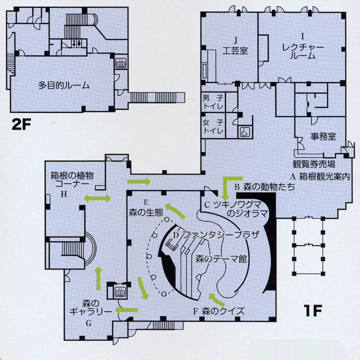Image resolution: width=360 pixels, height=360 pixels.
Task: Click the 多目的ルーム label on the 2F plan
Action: click(64, 86)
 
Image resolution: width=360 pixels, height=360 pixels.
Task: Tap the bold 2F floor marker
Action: click(21, 125)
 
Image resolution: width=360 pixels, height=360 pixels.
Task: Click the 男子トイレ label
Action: click(213, 102)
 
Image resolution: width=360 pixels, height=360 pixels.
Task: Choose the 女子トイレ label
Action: click(213, 127)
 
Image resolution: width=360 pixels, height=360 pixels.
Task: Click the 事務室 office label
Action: click(323, 136)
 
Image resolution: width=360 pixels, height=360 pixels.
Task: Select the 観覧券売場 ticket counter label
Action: click(314, 164)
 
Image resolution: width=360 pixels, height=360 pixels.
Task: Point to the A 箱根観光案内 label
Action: click(320, 177)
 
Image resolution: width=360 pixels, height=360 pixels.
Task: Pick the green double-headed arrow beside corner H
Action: click(97, 198)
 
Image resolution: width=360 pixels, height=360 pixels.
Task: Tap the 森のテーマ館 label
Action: click(221, 259)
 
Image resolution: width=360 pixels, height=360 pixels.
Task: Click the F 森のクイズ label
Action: click(219, 311)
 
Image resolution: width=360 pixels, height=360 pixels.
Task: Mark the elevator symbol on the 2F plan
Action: click(121, 63)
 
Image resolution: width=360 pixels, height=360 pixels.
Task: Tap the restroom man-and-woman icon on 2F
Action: click(76, 43)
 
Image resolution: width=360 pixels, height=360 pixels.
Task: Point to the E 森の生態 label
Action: click(146, 208)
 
